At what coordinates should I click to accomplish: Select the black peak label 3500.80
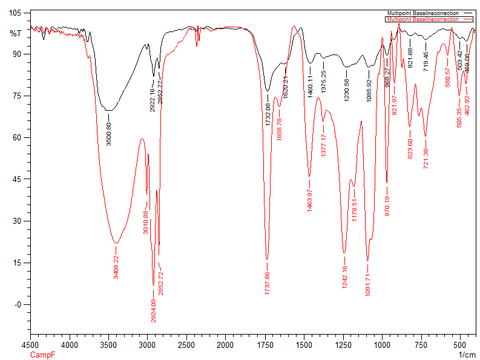pos(109,134)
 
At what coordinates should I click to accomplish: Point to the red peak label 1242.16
pos(344,277)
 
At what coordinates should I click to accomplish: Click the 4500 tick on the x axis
pos(31,345)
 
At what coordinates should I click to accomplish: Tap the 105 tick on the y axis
pos(15,13)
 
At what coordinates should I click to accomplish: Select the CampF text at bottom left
pos(41,355)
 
